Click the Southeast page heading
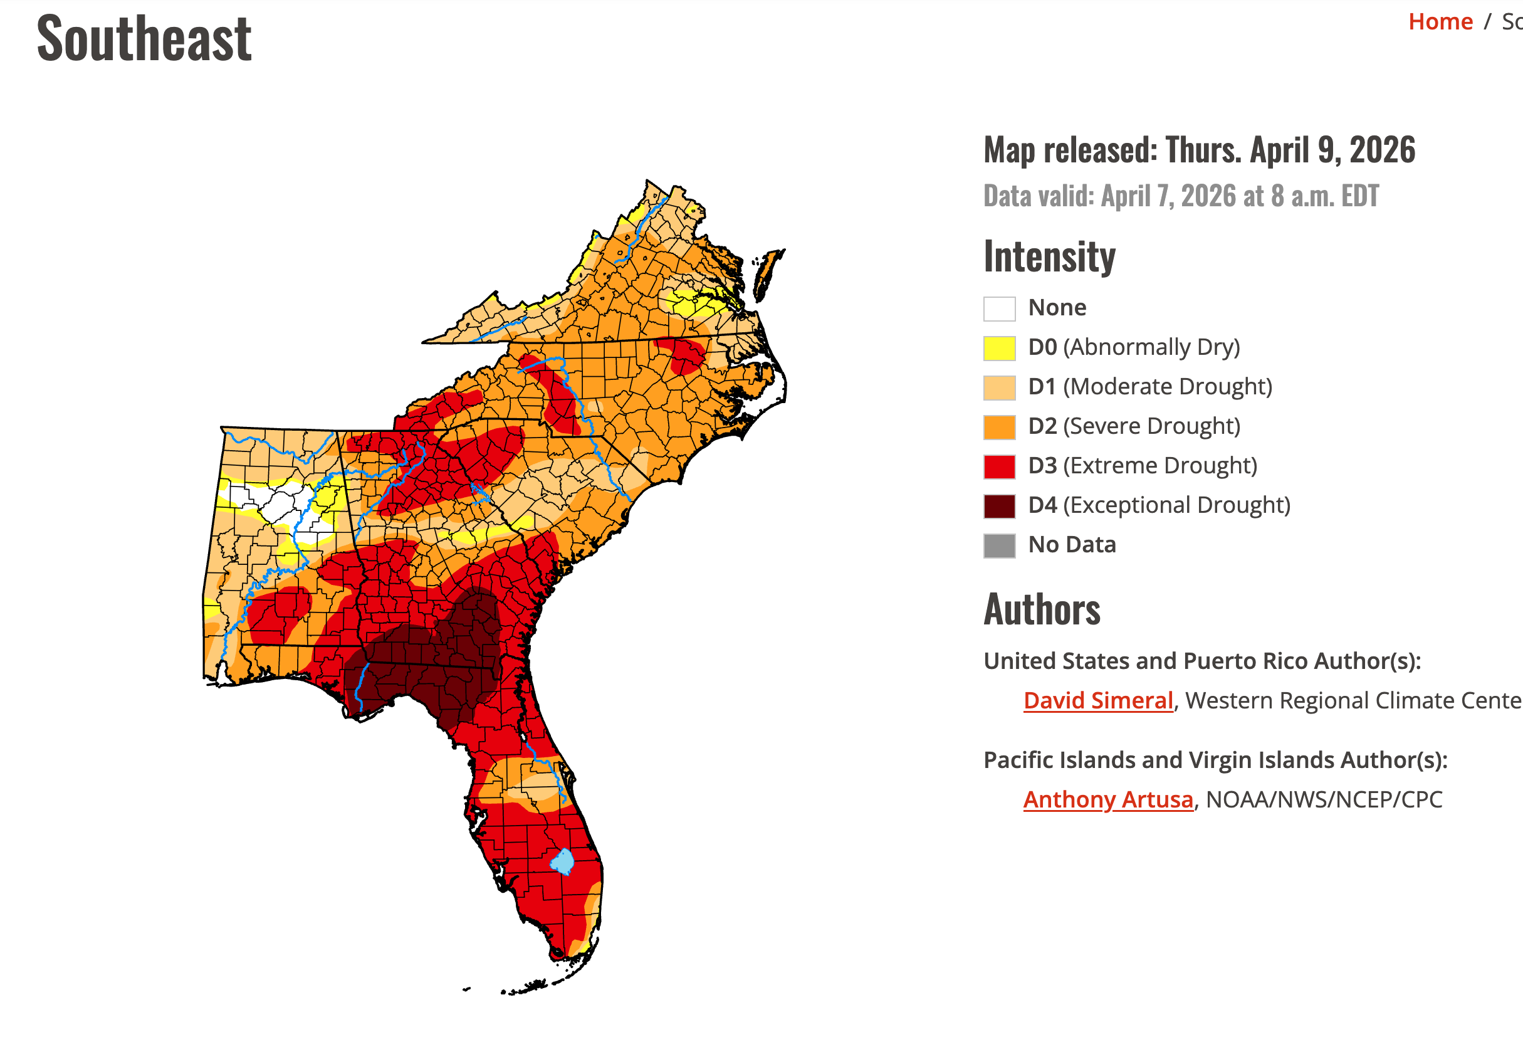click(144, 39)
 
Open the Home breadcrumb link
click(1440, 22)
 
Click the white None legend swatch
click(999, 308)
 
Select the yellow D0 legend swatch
click(999, 348)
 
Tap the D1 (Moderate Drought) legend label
click(1150, 386)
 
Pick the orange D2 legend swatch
click(999, 427)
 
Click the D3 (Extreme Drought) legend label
click(1143, 465)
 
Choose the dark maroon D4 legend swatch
click(999, 506)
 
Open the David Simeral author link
click(1098, 700)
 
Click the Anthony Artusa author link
click(1108, 799)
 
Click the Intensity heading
click(1049, 257)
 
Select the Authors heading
click(1042, 610)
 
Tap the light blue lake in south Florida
click(562, 861)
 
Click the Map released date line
click(1200, 150)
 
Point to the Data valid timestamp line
click(1181, 196)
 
